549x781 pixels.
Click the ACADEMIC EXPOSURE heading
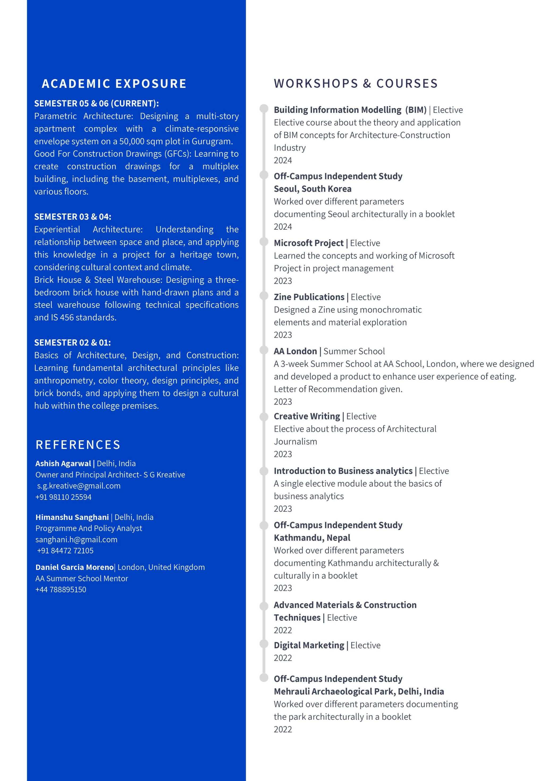[x=114, y=84]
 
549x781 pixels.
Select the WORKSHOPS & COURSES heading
[x=355, y=84]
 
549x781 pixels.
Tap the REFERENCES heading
[x=78, y=445]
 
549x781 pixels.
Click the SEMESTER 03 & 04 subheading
[x=73, y=217]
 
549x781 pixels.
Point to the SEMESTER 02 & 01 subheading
[x=72, y=343]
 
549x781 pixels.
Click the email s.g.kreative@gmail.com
[x=79, y=486]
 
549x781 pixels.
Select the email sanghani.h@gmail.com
[x=76, y=540]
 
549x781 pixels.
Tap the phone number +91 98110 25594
[x=63, y=497]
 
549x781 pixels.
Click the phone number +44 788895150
[x=61, y=590]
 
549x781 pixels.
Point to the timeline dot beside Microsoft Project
[x=264, y=241]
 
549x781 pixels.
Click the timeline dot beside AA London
[x=264, y=350]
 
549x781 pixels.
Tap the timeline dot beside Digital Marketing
[x=264, y=644]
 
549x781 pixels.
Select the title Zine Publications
[x=309, y=297]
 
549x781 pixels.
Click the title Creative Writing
[x=307, y=416]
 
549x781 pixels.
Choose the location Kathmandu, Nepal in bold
[x=312, y=538]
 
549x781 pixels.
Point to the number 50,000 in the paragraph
[x=132, y=141]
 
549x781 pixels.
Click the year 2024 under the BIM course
[x=282, y=160]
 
